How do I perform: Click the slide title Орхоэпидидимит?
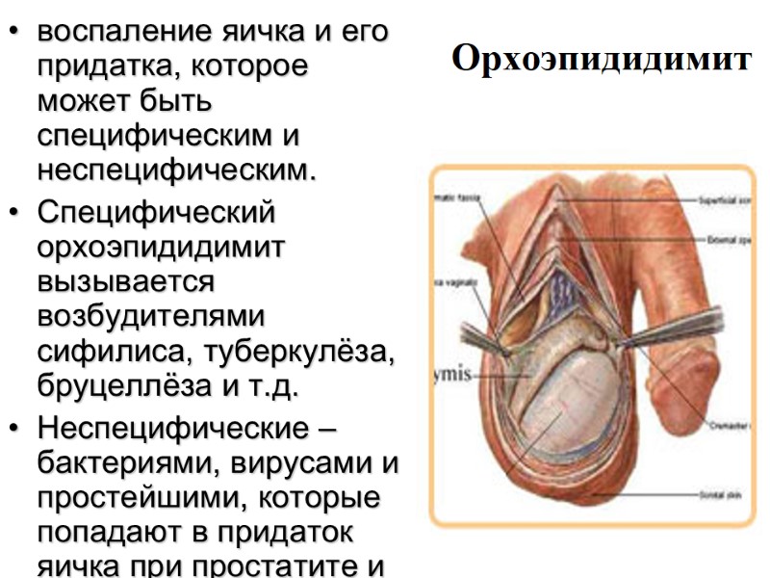[x=600, y=60]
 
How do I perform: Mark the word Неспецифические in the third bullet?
[x=161, y=431]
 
